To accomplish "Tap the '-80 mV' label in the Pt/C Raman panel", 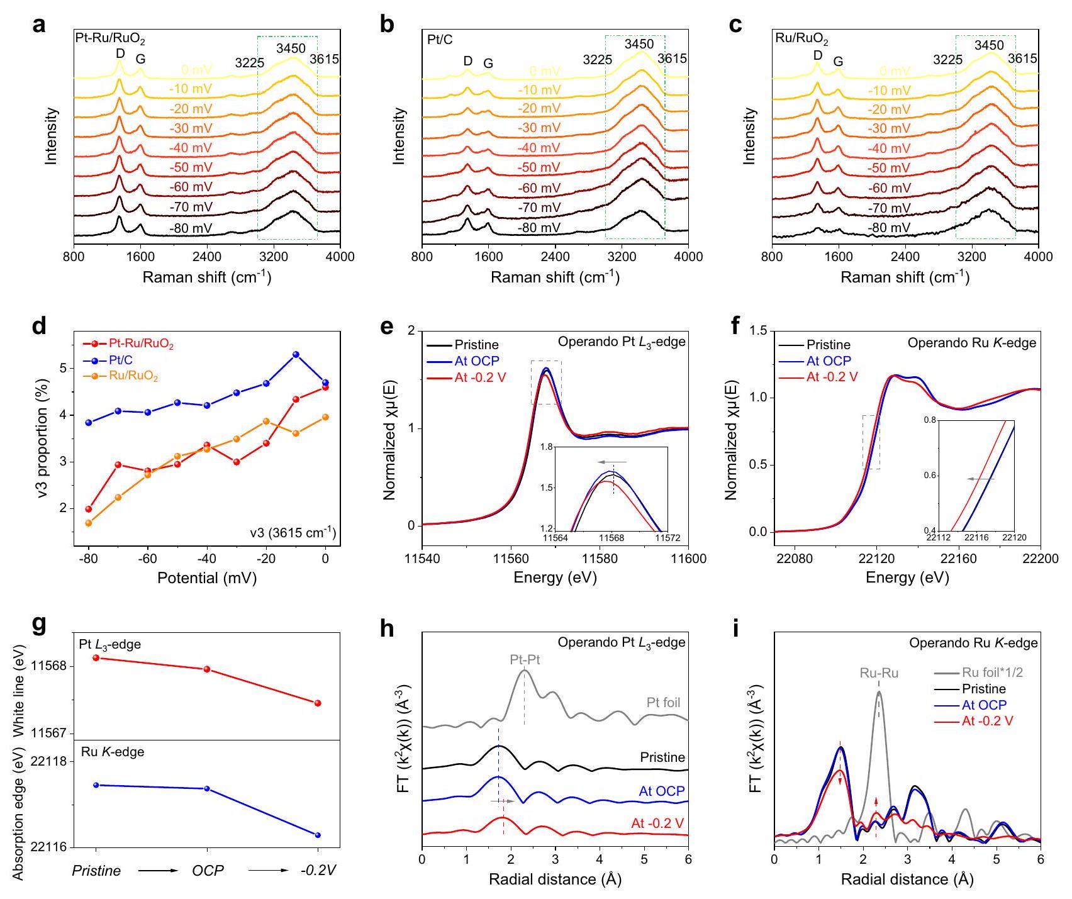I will point(539,228).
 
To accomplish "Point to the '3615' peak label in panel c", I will point(1022,59).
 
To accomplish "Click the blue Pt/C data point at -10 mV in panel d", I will point(296,355).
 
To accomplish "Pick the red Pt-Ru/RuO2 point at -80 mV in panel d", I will point(89,509).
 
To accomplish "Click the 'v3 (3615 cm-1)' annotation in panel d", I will point(291,533).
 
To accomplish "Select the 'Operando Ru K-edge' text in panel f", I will point(971,343).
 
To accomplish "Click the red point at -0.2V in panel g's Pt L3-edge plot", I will point(318,703).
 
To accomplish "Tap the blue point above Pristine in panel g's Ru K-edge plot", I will point(96,785).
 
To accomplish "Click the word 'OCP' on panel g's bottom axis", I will point(208,871).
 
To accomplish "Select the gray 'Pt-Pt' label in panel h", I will point(525,661).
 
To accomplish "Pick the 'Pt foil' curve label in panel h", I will point(663,703).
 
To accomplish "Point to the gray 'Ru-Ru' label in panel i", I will point(879,673).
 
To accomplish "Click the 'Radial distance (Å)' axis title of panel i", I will point(907,879).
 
